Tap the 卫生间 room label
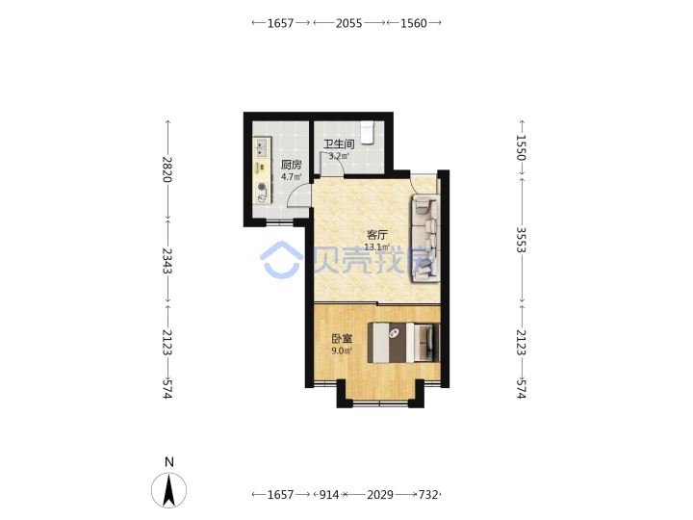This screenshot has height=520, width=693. tap(339, 144)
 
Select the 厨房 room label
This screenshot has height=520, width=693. tap(292, 165)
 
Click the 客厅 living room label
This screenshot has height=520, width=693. tap(377, 235)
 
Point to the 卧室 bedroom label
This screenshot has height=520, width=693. tap(342, 339)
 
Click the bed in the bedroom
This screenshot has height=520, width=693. tap(404, 343)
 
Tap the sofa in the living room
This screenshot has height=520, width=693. tap(425, 239)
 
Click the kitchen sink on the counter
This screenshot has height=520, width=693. tap(262, 147)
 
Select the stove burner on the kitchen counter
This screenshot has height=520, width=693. tap(263, 187)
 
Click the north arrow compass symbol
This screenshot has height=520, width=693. tap(168, 490)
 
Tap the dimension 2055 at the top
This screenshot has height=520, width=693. tap(348, 23)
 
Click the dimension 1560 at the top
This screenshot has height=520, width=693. tap(414, 23)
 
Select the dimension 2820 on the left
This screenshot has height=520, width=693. tap(167, 169)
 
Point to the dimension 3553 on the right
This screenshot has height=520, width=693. tap(521, 240)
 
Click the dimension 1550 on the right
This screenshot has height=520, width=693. tap(521, 147)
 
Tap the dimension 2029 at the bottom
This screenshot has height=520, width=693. tap(380, 494)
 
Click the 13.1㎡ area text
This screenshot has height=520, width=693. tap(377, 247)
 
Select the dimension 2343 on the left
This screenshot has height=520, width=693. tap(167, 260)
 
